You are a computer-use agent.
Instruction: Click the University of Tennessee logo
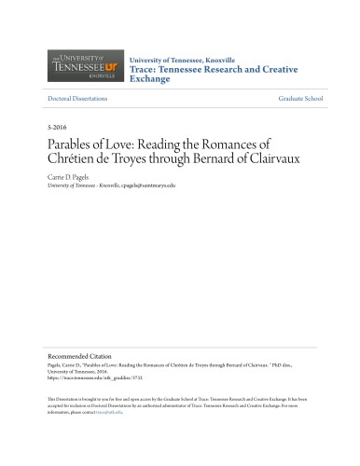pos(81,67)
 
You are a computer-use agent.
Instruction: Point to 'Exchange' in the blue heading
pos(150,78)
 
